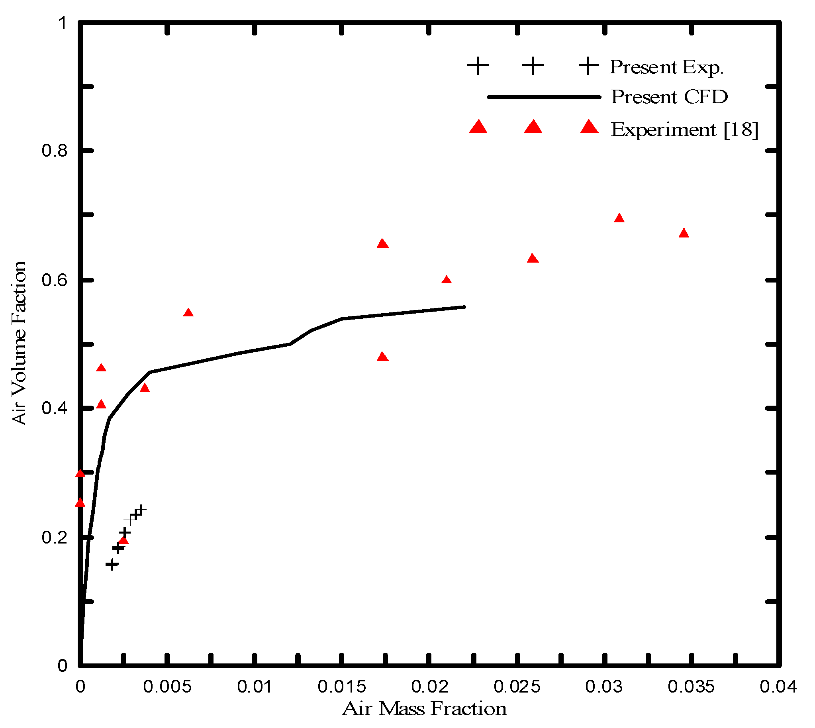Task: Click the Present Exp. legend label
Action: click(x=666, y=67)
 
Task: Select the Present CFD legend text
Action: click(x=669, y=97)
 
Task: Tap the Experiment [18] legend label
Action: click(x=684, y=130)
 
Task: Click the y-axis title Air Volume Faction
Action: click(x=19, y=342)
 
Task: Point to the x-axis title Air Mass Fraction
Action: click(x=424, y=708)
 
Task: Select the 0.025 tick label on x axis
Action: click(x=517, y=687)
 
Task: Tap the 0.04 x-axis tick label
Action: click(x=778, y=687)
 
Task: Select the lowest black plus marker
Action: click(x=112, y=565)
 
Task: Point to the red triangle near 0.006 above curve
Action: click(x=188, y=313)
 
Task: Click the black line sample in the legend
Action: click(x=544, y=97)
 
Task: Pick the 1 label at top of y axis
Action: click(x=63, y=23)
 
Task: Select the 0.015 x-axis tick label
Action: click(x=341, y=687)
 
